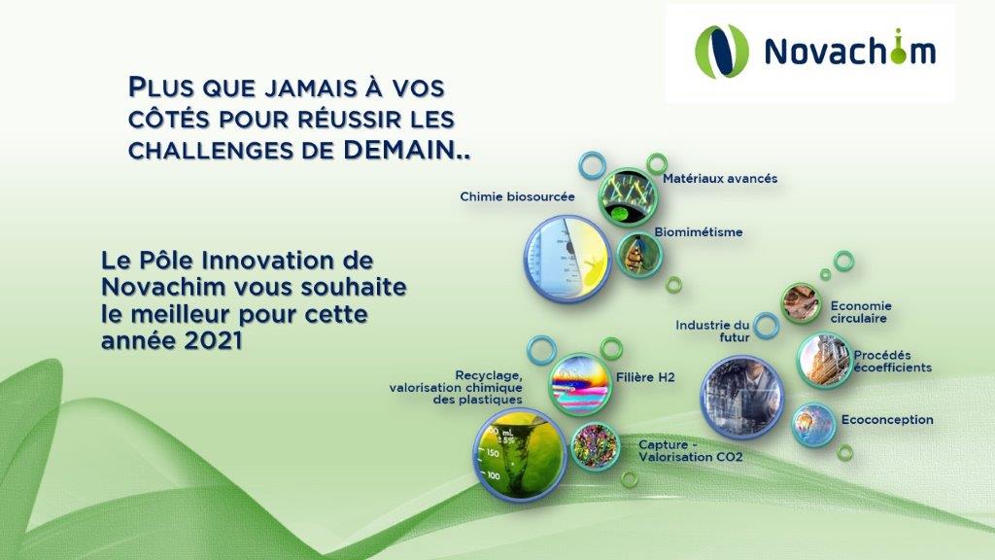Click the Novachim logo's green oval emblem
pos(722,52)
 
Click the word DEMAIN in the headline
pos(398,150)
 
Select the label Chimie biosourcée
pos(517,196)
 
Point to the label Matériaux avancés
pos(720,179)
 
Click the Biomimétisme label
pos(698,232)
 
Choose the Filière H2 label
pos(645,378)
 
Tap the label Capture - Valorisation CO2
pos(691,451)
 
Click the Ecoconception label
pos(887,420)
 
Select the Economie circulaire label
pos(861,312)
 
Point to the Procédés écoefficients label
pos(892,362)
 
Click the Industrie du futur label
pos(712,332)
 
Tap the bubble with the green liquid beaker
pos(521,453)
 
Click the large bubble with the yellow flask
pos(567,259)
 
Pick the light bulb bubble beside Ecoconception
pos(813,424)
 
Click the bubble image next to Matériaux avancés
pos(629,197)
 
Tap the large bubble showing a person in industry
pos(741,398)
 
